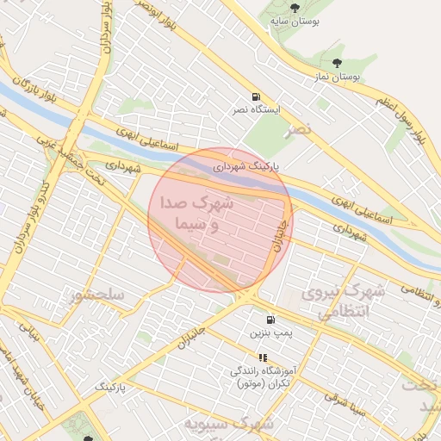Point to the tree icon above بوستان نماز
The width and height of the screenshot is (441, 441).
tap(336, 62)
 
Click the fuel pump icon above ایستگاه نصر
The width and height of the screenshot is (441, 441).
tap(256, 96)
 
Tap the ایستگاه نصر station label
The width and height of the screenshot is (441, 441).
tap(255, 111)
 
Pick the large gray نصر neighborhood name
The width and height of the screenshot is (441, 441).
tap(299, 129)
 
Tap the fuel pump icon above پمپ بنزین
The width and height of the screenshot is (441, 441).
tap(271, 318)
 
